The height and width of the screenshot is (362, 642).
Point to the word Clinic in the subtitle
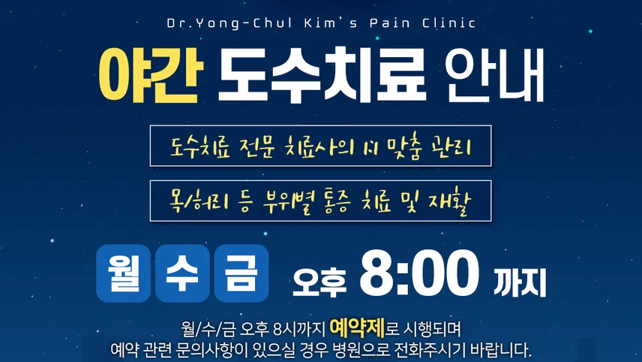[x=448, y=23]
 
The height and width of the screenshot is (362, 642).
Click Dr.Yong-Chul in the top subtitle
[x=229, y=23]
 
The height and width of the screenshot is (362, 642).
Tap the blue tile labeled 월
[x=123, y=273]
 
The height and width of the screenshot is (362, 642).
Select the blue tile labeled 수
[x=182, y=273]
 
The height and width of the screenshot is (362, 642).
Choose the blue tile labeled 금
[x=241, y=273]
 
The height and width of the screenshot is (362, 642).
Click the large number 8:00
[x=419, y=274]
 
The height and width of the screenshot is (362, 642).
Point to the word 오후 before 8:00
[x=319, y=282]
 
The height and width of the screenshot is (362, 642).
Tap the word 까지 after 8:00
[x=520, y=282]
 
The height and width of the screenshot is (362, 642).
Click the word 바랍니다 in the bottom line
[x=501, y=351]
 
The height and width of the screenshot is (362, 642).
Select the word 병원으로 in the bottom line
[x=358, y=351]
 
